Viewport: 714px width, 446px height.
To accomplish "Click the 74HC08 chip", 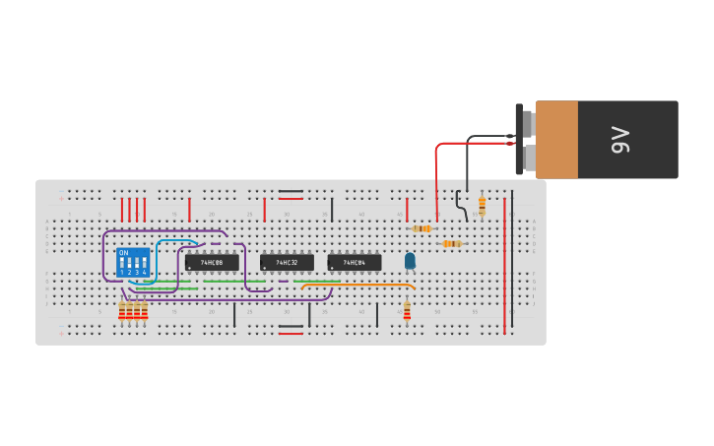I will pos(212,263).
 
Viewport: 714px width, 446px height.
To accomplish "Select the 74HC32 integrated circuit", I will pos(287,263).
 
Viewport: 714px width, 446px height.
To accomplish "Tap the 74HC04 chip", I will pos(355,263).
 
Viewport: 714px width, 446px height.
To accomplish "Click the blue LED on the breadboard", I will pos(410,261).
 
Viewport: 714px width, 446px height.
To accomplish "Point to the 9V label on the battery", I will pos(619,139).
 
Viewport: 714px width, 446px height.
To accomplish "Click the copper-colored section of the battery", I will pos(556,139).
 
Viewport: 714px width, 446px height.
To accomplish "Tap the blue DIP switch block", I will pos(133,263).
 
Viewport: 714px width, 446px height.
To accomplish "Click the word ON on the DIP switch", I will pos(123,253).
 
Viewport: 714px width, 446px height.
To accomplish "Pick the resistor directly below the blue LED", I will pos(407,311).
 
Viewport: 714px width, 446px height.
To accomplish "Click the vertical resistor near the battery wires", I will pos(482,205).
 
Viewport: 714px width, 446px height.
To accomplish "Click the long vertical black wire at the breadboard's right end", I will pos(512,261).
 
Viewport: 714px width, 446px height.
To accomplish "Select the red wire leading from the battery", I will pos(437,177).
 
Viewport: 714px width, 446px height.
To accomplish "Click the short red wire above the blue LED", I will pos(407,209).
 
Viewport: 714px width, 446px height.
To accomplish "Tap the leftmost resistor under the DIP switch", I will pos(122,311).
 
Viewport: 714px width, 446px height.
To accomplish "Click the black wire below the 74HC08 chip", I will pos(234,315).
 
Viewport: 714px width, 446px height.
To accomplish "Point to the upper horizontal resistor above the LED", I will pos(422,228).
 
